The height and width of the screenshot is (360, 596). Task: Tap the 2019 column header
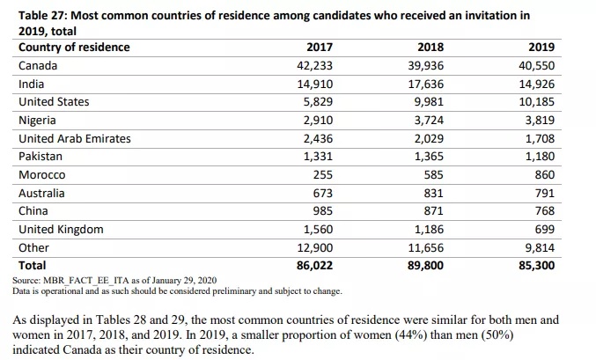[541, 47]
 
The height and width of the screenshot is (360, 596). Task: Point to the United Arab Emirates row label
[74, 138]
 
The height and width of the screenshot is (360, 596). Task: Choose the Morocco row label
[41, 175]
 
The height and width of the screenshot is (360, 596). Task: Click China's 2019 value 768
[544, 211]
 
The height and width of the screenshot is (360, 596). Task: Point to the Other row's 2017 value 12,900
[313, 248]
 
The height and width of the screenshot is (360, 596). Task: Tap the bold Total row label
[32, 264]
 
